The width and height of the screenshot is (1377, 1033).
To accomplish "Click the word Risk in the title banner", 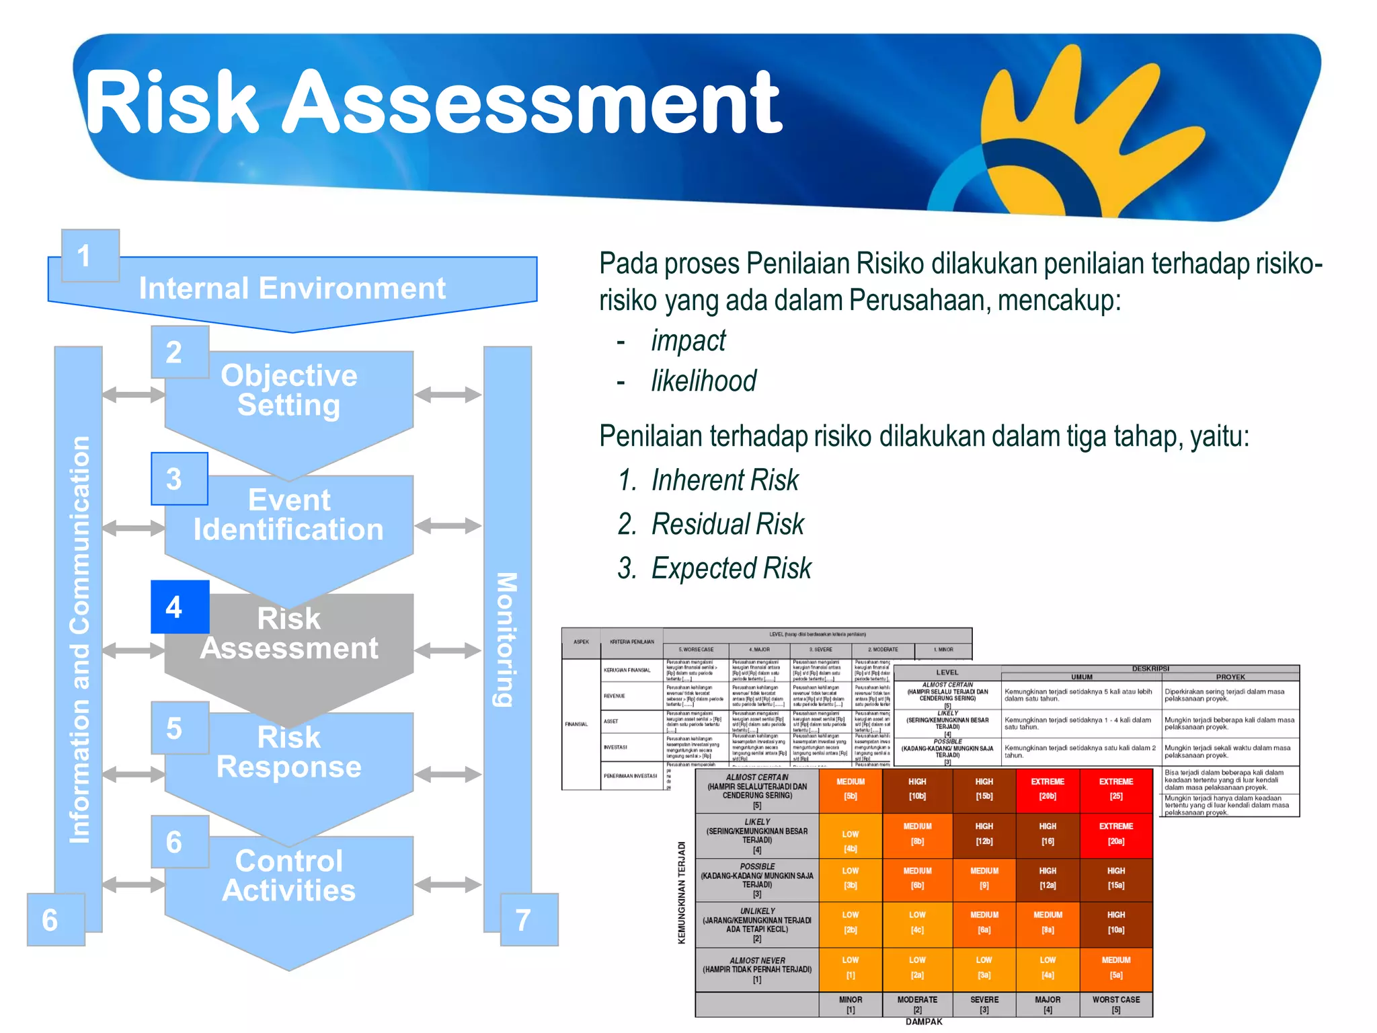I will click(172, 102).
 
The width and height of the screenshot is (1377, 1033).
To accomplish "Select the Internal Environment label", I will click(292, 289).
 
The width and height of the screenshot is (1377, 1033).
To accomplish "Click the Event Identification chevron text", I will click(288, 514).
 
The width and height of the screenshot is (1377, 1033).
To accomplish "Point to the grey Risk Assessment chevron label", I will click(288, 633).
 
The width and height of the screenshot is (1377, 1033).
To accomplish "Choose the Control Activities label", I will click(288, 875).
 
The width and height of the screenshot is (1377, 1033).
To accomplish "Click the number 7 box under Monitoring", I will click(528, 919).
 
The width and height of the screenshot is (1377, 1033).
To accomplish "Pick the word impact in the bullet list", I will click(688, 340).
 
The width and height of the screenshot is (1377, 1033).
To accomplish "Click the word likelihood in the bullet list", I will click(703, 381).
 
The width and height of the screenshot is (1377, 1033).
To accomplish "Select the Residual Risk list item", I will click(727, 524).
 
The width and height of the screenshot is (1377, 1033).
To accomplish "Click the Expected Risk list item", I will click(731, 568).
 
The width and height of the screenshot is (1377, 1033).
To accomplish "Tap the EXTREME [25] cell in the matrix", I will click(1115, 789).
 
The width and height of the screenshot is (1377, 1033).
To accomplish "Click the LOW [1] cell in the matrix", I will click(850, 967).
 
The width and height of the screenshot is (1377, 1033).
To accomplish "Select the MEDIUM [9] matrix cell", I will click(984, 878).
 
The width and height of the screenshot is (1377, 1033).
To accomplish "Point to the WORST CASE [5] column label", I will click(1115, 1004).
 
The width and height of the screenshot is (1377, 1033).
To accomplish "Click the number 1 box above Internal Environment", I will click(90, 256).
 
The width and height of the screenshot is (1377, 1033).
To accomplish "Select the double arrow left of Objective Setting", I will click(133, 394).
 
